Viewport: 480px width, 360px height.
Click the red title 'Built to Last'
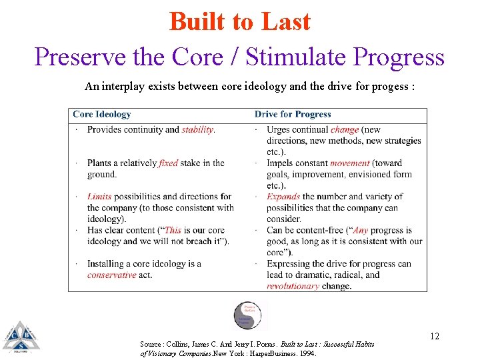pyautogui.click(x=239, y=21)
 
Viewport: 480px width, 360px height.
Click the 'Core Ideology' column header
pyautogui.click(x=101, y=115)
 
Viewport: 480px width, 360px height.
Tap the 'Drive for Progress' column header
pyautogui.click(x=293, y=115)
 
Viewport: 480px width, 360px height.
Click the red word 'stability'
pyautogui.click(x=198, y=130)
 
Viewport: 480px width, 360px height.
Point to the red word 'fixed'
pyautogui.click(x=168, y=163)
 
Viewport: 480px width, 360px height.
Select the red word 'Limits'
pyautogui.click(x=99, y=197)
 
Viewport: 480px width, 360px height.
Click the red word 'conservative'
pyautogui.click(x=111, y=275)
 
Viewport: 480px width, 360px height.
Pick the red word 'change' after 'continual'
pyautogui.click(x=344, y=130)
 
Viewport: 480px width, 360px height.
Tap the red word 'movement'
pyautogui.click(x=349, y=163)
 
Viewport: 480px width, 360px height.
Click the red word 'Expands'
pyautogui.click(x=283, y=197)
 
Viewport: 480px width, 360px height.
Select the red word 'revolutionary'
pyautogui.click(x=293, y=286)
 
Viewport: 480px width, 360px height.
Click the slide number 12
pyautogui.click(x=434, y=336)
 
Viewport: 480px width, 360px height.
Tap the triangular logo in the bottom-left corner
pyautogui.click(x=20, y=336)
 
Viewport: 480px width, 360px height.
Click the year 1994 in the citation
pyautogui.click(x=307, y=353)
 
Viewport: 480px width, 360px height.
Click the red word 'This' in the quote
pyautogui.click(x=173, y=230)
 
